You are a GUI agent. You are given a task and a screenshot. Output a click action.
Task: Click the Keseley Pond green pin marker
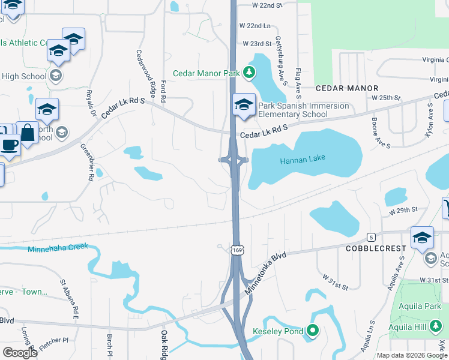(x=312, y=331)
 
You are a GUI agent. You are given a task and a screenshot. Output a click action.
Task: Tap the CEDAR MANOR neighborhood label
(x=348, y=88)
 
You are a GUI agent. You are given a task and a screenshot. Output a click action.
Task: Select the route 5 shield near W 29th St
(x=372, y=236)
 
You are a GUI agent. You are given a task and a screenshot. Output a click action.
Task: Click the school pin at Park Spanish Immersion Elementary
(x=244, y=104)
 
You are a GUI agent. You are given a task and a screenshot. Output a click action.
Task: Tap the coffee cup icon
(x=10, y=145)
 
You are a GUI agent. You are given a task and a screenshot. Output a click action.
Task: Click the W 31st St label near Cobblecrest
(x=334, y=283)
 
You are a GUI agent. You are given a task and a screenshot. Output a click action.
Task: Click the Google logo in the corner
(x=20, y=353)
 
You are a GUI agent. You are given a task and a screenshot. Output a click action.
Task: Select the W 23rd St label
(x=258, y=44)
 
